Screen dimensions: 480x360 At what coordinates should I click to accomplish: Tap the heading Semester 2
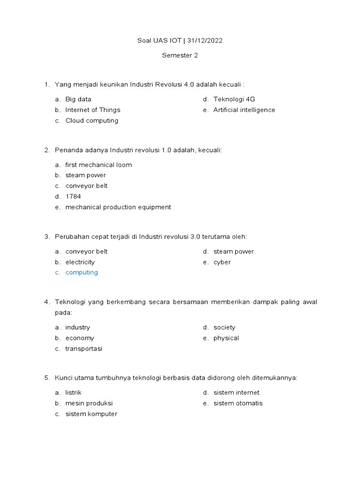pyautogui.click(x=180, y=55)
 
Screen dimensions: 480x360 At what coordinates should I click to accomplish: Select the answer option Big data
pyautogui.click(x=78, y=99)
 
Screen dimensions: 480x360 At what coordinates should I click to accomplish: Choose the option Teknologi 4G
pyautogui.click(x=234, y=99)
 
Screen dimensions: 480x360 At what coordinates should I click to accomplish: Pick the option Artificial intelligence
pyautogui.click(x=244, y=110)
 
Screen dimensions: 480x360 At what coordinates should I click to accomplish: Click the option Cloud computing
pyautogui.click(x=92, y=121)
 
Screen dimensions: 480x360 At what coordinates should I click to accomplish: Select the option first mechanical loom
pyautogui.click(x=98, y=165)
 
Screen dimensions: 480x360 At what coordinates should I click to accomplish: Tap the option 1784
pyautogui.click(x=73, y=197)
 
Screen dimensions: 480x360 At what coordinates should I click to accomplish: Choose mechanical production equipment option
pyautogui.click(x=118, y=207)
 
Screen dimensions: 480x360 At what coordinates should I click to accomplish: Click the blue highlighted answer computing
pyautogui.click(x=82, y=273)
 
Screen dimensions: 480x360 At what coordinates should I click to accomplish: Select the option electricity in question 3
pyautogui.click(x=80, y=262)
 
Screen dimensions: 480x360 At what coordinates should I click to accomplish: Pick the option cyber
pyautogui.click(x=222, y=262)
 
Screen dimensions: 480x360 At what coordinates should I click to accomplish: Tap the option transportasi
pyautogui.click(x=84, y=349)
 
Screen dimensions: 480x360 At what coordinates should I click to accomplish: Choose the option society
pyautogui.click(x=225, y=328)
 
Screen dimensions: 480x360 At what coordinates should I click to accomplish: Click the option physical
pyautogui.click(x=226, y=338)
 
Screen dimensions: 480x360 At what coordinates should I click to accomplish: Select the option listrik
pyautogui.click(x=74, y=393)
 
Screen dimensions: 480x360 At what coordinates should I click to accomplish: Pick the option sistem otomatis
pyautogui.click(x=238, y=404)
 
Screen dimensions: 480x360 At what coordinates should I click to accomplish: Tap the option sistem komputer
pyautogui.click(x=91, y=414)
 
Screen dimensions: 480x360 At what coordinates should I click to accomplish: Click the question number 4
pyautogui.click(x=46, y=302)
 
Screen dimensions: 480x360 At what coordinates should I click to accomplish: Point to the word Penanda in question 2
pyautogui.click(x=69, y=150)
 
